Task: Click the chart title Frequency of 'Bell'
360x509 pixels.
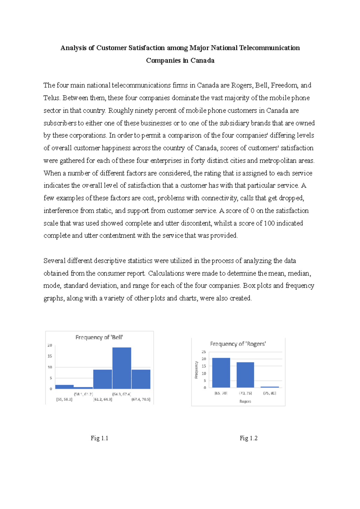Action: (99, 337)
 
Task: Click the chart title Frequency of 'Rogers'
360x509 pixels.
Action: (238, 344)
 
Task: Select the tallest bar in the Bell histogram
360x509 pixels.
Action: (122, 368)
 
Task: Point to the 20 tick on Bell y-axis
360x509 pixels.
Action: (50, 345)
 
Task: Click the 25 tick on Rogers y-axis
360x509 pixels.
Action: (204, 352)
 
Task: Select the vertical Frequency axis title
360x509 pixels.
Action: (196, 370)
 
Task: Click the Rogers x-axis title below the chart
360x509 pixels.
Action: (245, 401)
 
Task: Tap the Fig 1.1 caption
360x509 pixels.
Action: (99, 438)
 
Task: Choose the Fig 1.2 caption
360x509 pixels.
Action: (248, 438)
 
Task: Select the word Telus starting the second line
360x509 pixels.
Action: (52, 98)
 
